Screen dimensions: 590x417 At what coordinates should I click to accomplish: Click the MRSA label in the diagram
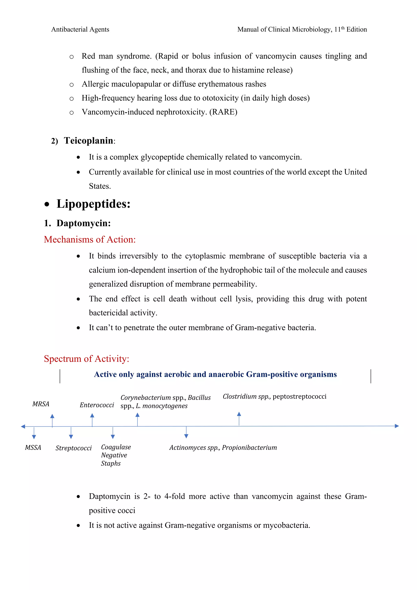pyautogui.click(x=41, y=404)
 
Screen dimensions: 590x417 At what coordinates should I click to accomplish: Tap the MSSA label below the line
pyautogui.click(x=33, y=448)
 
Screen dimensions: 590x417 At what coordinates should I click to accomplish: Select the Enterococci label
pyautogui.click(x=97, y=405)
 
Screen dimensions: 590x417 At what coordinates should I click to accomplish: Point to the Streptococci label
pyautogui.click(x=74, y=448)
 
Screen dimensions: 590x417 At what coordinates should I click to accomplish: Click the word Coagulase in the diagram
pyautogui.click(x=116, y=447)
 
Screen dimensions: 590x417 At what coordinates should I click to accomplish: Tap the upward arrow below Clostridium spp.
pyautogui.click(x=239, y=418)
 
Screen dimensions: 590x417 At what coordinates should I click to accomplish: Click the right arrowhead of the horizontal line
pyautogui.click(x=397, y=426)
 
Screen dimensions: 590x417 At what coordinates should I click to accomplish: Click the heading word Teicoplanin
pyautogui.click(x=89, y=141)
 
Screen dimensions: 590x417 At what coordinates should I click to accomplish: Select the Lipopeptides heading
pyautogui.click(x=93, y=204)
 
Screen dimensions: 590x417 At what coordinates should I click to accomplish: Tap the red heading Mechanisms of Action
pyautogui.click(x=90, y=240)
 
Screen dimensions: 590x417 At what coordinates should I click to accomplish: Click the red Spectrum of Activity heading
pyautogui.click(x=86, y=359)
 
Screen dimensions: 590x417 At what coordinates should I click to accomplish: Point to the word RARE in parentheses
pyautogui.click(x=223, y=112)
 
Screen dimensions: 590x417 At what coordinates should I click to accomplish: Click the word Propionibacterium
pyautogui.click(x=249, y=448)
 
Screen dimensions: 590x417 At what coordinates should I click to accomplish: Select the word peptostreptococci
pyautogui.click(x=299, y=396)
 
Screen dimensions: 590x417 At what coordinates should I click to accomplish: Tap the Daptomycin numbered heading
pyautogui.click(x=83, y=223)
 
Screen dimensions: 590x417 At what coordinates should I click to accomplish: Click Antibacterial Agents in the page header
pyautogui.click(x=80, y=30)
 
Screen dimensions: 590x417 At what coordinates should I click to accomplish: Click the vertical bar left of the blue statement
pyautogui.click(x=60, y=376)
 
